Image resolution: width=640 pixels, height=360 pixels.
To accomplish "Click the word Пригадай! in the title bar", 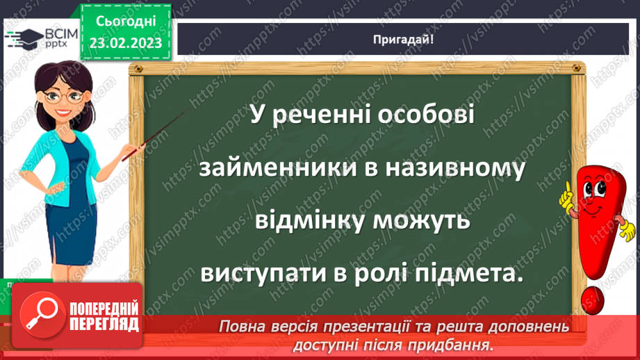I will coord(403,39).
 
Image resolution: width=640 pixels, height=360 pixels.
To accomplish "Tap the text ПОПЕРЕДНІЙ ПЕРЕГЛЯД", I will coord(104,316).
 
